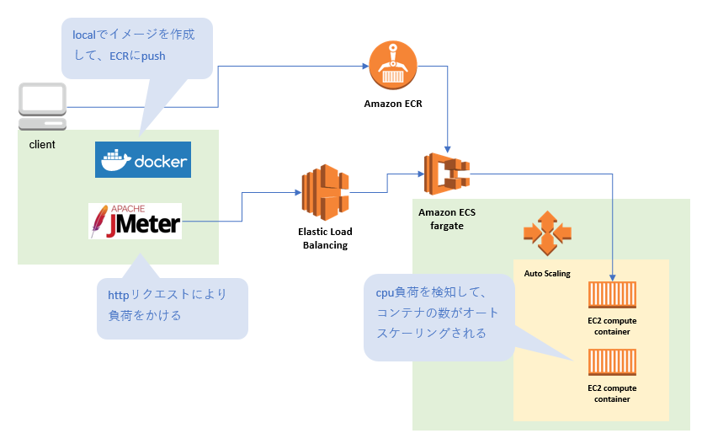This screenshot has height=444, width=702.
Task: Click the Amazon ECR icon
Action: (393, 66)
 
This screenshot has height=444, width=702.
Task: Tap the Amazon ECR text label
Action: (393, 104)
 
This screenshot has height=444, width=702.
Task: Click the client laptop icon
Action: (43, 106)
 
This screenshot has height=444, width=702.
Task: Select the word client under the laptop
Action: (42, 145)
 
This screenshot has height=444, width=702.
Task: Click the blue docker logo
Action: (143, 160)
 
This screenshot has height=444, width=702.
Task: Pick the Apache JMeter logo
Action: (135, 221)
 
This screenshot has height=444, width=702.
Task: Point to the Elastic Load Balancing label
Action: (324, 238)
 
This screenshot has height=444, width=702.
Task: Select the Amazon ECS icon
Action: (446, 174)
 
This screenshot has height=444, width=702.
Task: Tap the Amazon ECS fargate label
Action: (446, 219)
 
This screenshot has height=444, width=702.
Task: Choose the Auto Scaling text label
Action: (547, 274)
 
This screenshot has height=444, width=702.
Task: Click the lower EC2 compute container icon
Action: (612, 364)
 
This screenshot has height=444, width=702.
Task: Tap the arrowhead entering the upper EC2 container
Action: (613, 279)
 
